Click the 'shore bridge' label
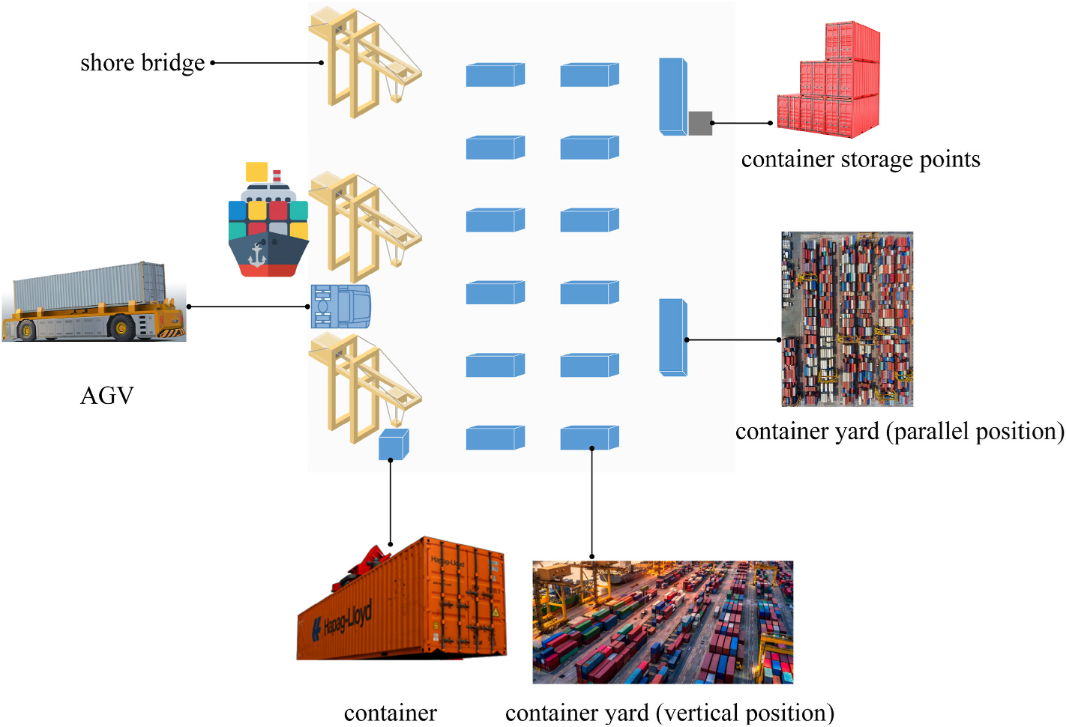142,63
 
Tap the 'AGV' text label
106,395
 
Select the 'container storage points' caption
860,160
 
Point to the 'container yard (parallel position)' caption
900,432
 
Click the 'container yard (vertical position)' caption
669,712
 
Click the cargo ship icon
268,225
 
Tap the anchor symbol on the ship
257,255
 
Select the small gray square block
700,123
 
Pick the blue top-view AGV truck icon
341,306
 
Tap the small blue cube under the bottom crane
393,444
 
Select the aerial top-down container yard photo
847,319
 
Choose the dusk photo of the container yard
663,622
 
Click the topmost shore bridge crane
364,60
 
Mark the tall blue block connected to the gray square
672,96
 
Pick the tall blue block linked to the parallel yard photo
672,337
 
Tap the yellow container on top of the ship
256,172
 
